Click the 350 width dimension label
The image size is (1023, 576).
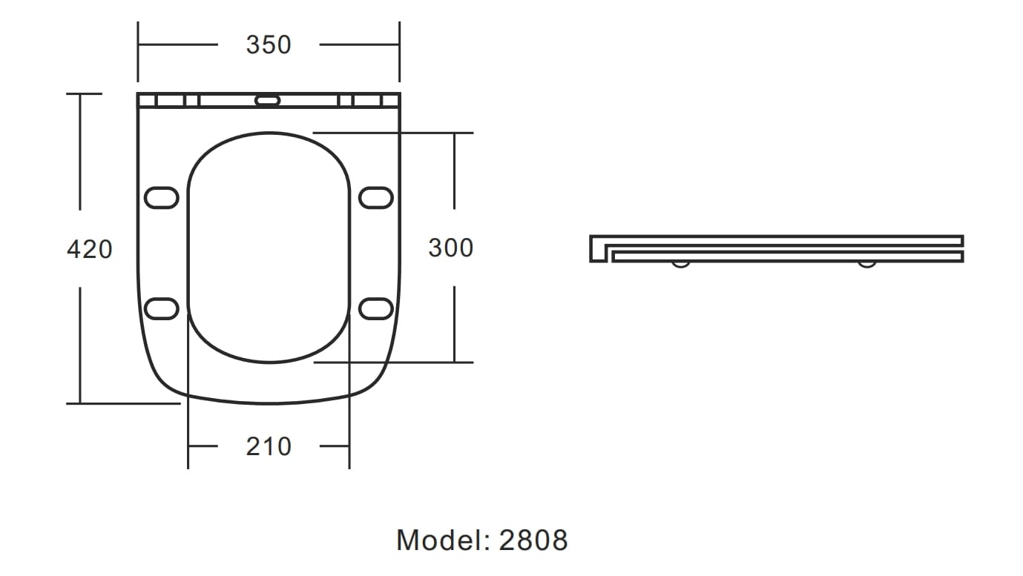pyautogui.click(x=269, y=45)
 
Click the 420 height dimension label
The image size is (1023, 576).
pyautogui.click(x=90, y=249)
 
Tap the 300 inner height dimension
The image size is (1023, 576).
pyautogui.click(x=450, y=248)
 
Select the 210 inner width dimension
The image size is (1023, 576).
pyautogui.click(x=269, y=447)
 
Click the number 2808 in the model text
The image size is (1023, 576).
pyautogui.click(x=533, y=540)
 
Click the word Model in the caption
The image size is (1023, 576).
pyautogui.click(x=438, y=540)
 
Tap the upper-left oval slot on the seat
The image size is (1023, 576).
pyautogui.click(x=161, y=198)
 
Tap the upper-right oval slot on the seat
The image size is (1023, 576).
pyautogui.click(x=376, y=198)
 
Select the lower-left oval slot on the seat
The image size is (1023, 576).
pyautogui.click(x=161, y=308)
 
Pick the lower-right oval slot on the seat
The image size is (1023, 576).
pyautogui.click(x=376, y=308)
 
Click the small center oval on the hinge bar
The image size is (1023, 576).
pyautogui.click(x=268, y=100)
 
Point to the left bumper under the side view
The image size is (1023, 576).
pyautogui.click(x=680, y=264)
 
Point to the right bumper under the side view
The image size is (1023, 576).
pyautogui.click(x=866, y=264)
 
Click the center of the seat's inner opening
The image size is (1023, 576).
pyautogui.click(x=269, y=248)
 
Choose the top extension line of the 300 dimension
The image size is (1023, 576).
pyautogui.click(x=393, y=133)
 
